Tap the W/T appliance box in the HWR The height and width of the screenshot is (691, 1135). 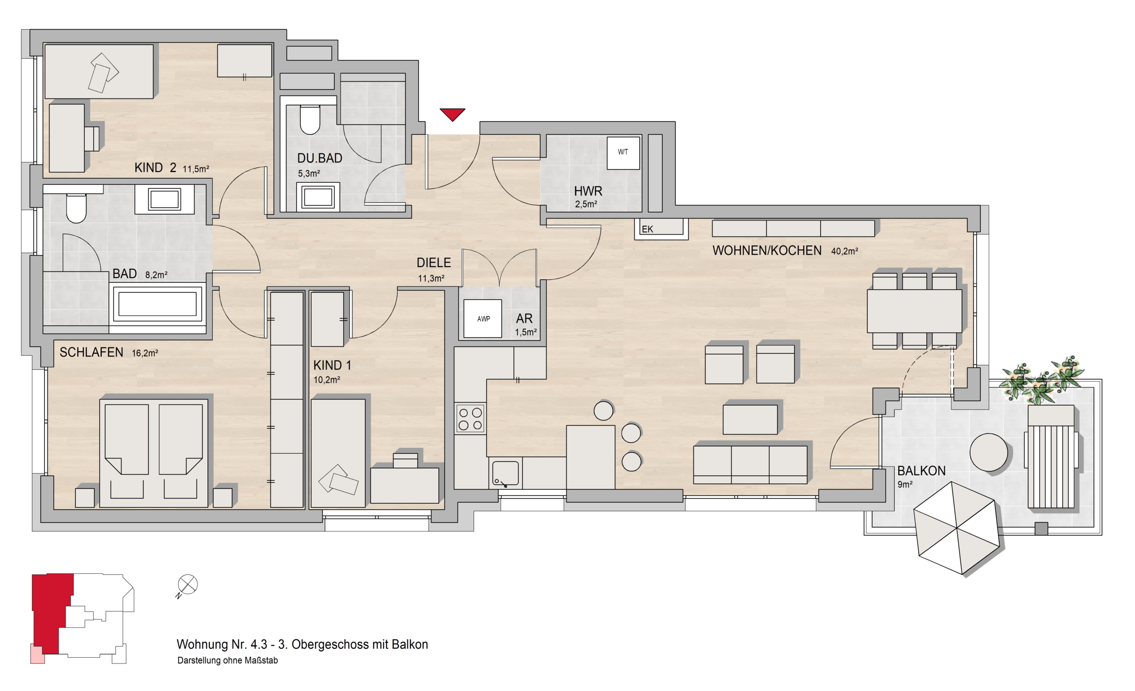pos(623,153)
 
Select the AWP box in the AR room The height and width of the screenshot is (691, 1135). pos(483,318)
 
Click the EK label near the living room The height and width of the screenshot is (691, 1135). pos(647,229)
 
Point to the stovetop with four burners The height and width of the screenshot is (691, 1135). pos(470,419)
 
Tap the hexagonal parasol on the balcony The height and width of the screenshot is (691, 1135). pos(957,528)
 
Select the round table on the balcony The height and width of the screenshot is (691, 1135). pos(989,452)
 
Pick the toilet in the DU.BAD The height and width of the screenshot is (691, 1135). pos(310,119)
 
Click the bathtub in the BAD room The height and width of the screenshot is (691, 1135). pos(157,303)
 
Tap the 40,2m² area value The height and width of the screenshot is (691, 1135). pos(844,251)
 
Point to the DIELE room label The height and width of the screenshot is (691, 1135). pos(434,263)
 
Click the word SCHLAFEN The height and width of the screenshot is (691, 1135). pos(91,353)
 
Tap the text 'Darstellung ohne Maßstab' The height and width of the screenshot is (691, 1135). pos(227,660)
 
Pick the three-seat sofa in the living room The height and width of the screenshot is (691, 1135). pos(750,464)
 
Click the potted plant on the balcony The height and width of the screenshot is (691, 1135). pos(1042,380)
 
